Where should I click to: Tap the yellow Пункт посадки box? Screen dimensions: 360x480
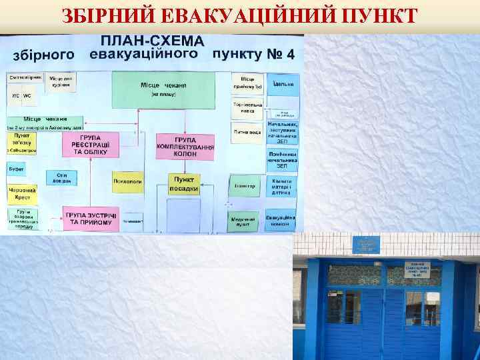pos(184,183)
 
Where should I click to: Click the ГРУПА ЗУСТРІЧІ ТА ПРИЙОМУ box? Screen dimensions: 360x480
pos(91,218)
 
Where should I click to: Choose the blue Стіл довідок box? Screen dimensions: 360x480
pos(62,178)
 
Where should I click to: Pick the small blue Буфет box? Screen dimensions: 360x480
pos(17,169)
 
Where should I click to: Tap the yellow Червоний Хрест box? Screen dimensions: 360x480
pos(22,193)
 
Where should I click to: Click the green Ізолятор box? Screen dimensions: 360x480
pos(245,186)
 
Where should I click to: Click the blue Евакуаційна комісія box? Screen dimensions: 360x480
pos(281,220)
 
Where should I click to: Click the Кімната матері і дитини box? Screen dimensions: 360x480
pos(283,187)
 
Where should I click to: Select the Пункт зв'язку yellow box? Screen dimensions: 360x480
pos(23,143)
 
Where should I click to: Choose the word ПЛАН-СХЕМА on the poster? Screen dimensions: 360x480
pos(157,41)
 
